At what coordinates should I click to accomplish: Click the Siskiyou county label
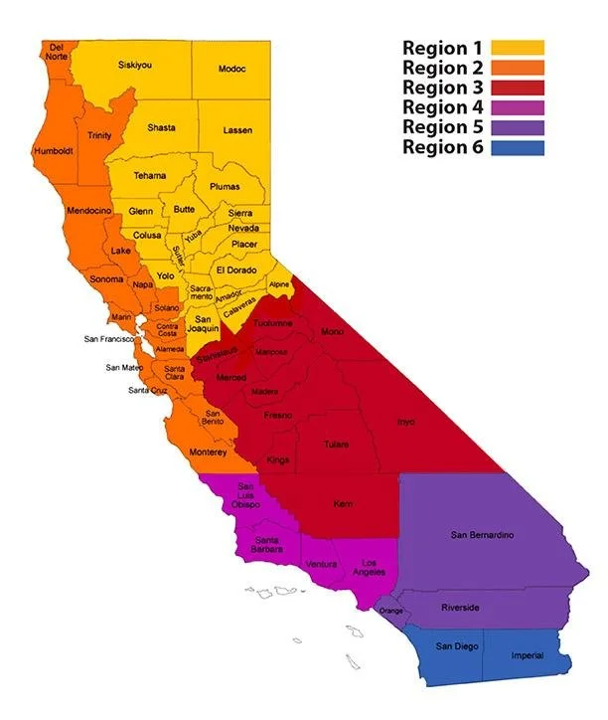[134, 66]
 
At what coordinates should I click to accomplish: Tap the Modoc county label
[231, 69]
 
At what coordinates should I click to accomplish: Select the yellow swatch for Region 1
[518, 48]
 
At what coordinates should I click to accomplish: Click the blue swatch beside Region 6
[518, 148]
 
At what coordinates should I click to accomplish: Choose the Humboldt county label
[55, 151]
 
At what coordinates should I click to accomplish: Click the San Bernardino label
[482, 536]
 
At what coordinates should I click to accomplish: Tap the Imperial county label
[527, 656]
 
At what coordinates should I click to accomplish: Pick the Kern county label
[342, 503]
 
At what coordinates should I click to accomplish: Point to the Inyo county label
[405, 422]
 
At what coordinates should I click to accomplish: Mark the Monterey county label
[212, 452]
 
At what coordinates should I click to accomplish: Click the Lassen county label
[238, 130]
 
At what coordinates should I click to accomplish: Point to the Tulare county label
[336, 445]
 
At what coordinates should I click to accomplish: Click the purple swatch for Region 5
[518, 127]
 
